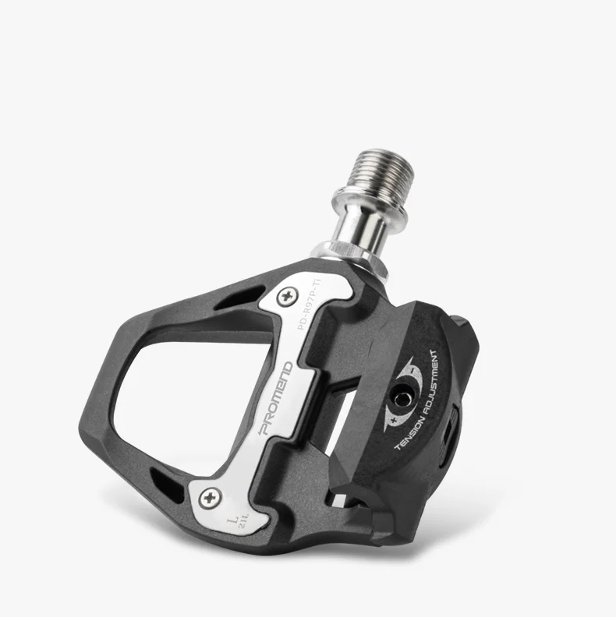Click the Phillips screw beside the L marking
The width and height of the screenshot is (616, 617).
[208, 495]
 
